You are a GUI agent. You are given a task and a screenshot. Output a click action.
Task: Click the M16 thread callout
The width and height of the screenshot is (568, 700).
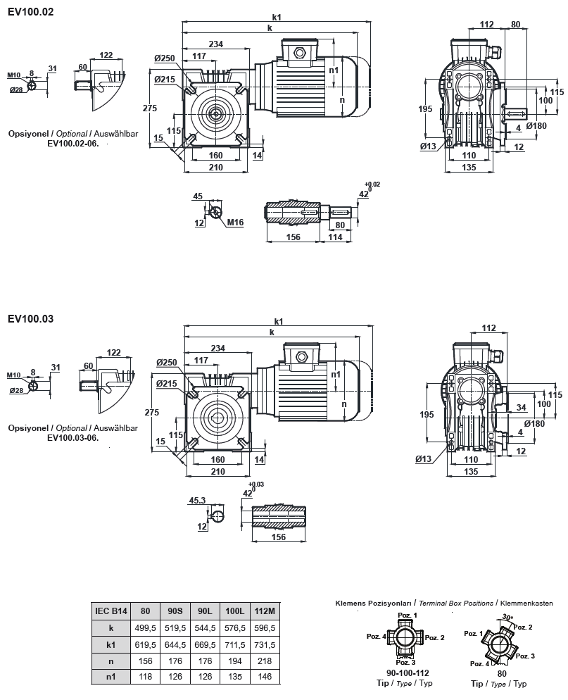(x=234, y=223)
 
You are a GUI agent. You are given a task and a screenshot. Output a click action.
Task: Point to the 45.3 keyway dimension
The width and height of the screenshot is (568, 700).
(x=198, y=501)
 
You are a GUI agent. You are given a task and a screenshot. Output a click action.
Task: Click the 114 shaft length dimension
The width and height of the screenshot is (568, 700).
(x=335, y=237)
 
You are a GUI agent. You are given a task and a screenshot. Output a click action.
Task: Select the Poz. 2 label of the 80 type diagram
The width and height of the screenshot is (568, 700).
(x=522, y=627)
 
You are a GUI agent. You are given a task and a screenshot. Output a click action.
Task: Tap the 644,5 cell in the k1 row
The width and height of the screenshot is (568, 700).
(x=173, y=644)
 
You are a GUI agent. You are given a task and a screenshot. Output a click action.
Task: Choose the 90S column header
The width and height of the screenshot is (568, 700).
(x=173, y=611)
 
